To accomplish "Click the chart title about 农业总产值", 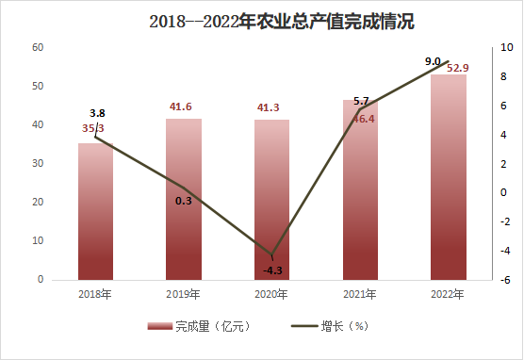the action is point(282,22).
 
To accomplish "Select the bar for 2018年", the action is point(95,212).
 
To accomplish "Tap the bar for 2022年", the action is point(449,177).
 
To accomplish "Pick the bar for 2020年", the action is point(271,200).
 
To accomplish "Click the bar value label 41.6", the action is point(180,106).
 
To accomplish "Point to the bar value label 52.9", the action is point(458,68).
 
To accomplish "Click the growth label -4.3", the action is point(272,270).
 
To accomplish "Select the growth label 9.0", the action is point(433,61).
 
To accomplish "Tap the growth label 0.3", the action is point(184,201).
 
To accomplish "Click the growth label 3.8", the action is point(97,113).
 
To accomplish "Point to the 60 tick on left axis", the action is point(38,47).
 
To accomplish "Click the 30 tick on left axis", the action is point(38,163).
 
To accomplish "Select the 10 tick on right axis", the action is point(507,47).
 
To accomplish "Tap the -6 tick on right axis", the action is point(505,280).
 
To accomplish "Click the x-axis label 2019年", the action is point(183,294).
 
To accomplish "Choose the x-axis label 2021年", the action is point(360,294).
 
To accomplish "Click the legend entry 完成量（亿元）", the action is point(199,326).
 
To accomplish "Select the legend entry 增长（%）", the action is point(330,326).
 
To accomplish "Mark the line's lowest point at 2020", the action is point(272,254).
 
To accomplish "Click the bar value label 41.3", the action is point(268,107).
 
